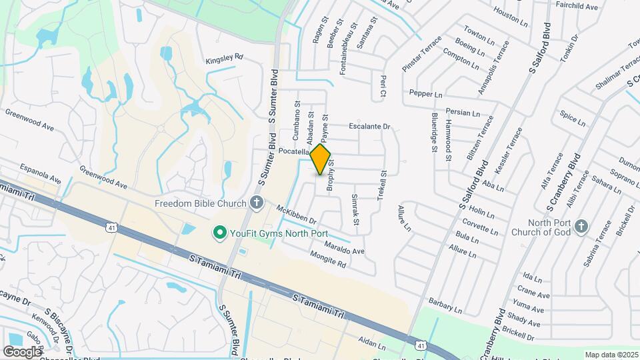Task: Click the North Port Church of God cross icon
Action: point(581,227)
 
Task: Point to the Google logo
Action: point(22,351)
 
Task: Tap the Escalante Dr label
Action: point(369,126)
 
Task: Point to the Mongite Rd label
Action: point(329,259)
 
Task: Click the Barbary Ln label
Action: point(445,306)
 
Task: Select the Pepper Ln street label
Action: point(426,94)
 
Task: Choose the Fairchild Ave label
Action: point(577,6)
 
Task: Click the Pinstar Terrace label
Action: point(421,54)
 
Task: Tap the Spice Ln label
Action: point(573,119)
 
